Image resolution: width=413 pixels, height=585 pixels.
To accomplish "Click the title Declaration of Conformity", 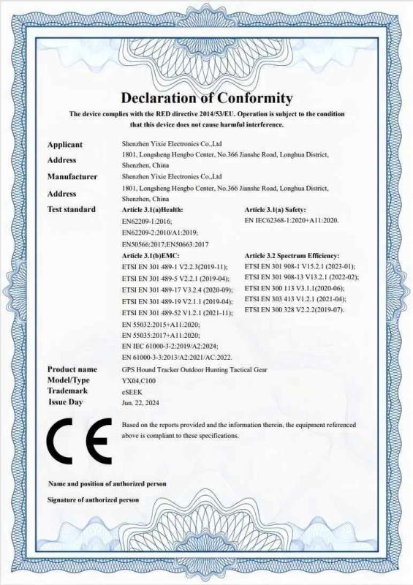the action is (206, 98).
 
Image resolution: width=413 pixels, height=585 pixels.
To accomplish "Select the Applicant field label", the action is (65, 145).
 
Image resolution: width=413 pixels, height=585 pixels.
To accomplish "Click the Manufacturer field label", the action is (72, 177).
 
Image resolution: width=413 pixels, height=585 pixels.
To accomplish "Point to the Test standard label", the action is (72, 210).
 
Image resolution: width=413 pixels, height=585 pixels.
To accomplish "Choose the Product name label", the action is (72, 369).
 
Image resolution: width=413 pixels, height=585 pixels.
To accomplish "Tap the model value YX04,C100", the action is (139, 380).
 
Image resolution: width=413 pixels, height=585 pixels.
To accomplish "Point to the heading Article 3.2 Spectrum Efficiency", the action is (292, 256).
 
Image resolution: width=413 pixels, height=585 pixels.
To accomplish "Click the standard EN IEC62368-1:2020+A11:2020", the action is (292, 220).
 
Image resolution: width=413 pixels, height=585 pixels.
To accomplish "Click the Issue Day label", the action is (66, 402).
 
